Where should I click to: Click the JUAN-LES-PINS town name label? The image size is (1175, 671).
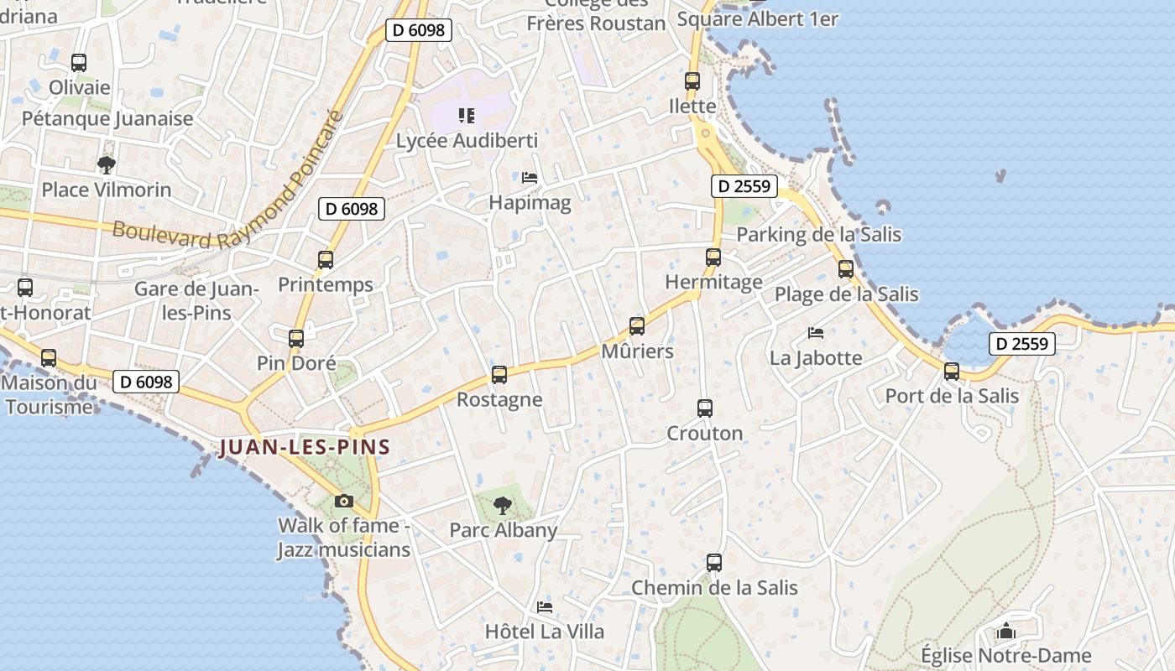(x=305, y=446)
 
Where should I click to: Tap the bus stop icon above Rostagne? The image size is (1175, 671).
(x=499, y=374)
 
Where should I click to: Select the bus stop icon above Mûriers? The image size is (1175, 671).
(x=637, y=325)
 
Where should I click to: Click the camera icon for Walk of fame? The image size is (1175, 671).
(x=343, y=501)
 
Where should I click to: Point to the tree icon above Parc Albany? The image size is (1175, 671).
(x=503, y=505)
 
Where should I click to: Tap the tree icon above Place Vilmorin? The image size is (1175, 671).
(x=106, y=164)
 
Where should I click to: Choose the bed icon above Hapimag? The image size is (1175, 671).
(x=530, y=177)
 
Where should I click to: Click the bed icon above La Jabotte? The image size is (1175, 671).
(x=816, y=333)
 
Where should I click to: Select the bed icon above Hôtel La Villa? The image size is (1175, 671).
(x=545, y=606)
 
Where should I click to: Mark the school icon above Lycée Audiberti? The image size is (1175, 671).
(x=467, y=116)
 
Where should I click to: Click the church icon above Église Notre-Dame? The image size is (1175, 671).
(x=1006, y=631)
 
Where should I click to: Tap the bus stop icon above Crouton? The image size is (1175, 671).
(x=705, y=408)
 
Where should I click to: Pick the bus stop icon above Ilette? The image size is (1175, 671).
(x=692, y=81)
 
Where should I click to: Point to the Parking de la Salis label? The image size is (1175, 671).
(x=818, y=234)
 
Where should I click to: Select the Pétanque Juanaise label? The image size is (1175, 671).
(x=107, y=118)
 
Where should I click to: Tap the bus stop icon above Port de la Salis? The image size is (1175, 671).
(x=952, y=371)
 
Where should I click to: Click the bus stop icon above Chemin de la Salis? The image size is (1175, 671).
(x=714, y=562)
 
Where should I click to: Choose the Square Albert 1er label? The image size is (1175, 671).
(x=757, y=18)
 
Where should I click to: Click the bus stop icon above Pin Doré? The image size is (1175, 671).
(x=296, y=338)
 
